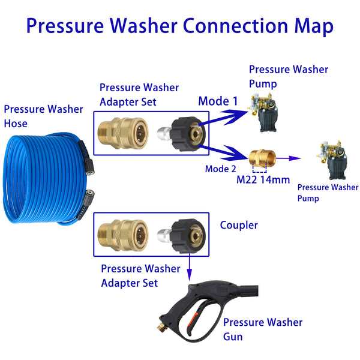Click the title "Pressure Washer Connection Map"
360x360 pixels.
pyautogui.click(x=179, y=26)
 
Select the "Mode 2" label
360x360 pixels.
pyautogui.click(x=220, y=169)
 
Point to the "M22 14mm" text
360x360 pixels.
pyautogui.click(x=263, y=180)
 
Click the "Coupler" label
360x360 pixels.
pyautogui.click(x=239, y=226)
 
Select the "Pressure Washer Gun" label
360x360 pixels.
pyautogui.click(x=263, y=329)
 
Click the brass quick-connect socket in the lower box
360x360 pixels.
pyautogui.click(x=122, y=234)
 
